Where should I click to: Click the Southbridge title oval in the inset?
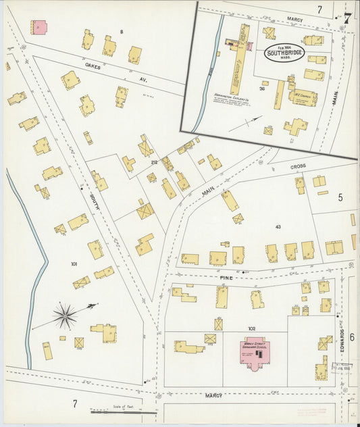284,53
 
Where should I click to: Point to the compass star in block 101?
65,316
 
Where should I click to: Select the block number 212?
154,162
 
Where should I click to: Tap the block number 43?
278,226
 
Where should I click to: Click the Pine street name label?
225,277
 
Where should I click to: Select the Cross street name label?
298,166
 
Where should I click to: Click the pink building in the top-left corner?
38,28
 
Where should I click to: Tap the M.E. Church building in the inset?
302,97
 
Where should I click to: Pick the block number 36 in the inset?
261,89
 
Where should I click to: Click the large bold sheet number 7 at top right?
347,18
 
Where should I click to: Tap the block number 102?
251,329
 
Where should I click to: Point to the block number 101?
74,264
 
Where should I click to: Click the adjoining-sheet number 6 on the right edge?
352,280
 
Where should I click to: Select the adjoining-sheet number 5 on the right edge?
340,197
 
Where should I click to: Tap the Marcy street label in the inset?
294,20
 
